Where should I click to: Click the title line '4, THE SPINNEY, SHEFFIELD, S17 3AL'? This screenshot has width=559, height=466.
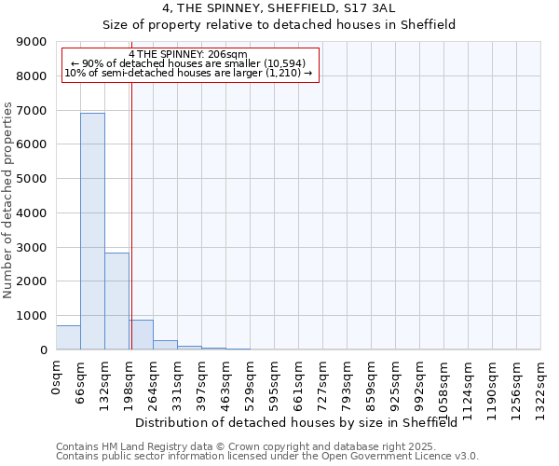pyautogui.click(x=279, y=8)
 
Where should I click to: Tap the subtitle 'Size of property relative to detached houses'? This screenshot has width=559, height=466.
pyautogui.click(x=279, y=25)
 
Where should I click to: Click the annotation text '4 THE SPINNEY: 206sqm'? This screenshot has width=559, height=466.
pyautogui.click(x=188, y=55)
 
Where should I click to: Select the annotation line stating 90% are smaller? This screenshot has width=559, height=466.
pyautogui.click(x=188, y=63)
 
